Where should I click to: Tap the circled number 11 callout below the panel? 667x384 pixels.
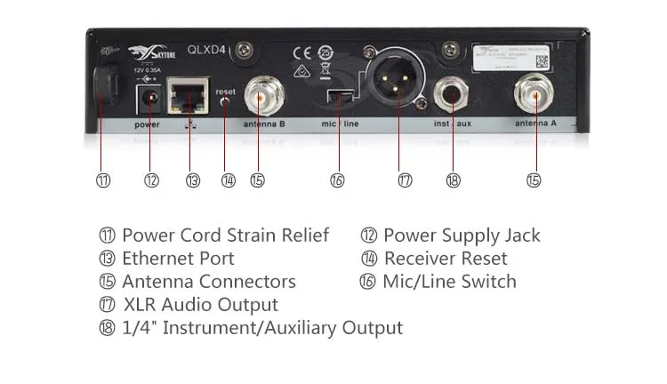[103, 180]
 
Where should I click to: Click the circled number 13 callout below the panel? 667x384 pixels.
[193, 180]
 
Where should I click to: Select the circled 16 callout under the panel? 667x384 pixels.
[337, 180]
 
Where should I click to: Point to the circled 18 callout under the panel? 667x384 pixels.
[454, 180]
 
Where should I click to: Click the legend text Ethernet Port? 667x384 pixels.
[178, 259]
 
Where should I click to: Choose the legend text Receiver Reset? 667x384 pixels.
[445, 259]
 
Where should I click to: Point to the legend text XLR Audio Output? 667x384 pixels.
[200, 305]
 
